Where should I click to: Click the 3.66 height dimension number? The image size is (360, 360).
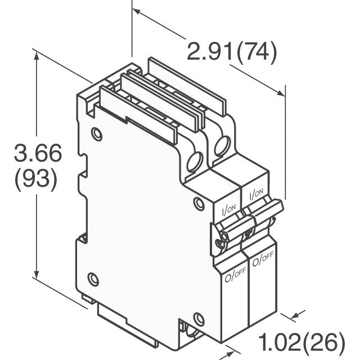[x=38, y=153]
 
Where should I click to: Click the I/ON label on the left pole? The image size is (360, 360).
[x=228, y=209]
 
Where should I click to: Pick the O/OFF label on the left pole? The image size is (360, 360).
[x=235, y=274]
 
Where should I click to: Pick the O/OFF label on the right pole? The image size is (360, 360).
[x=263, y=259]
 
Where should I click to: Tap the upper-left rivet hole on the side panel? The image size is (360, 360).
[x=96, y=134]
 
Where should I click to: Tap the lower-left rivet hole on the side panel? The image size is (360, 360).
[x=94, y=279]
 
